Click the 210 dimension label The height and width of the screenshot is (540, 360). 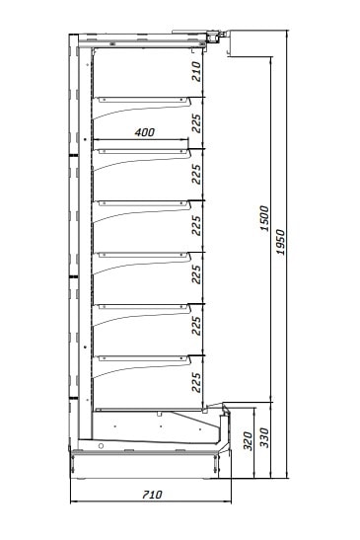coord(196,72)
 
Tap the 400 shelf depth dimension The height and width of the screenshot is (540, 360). coord(145,132)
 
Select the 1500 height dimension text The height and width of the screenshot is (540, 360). coord(264,218)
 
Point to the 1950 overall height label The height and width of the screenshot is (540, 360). coord(281,242)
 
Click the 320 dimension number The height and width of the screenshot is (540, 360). coord(248,440)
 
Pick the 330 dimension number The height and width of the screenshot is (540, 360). coord(264,437)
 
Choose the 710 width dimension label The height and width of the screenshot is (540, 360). coord(152,495)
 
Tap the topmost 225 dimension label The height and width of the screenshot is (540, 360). coord(196,123)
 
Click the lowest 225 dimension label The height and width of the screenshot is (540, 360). coord(196,382)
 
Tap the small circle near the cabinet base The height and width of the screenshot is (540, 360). coord(101,446)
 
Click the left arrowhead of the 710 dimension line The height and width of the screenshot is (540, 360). coord(72,501)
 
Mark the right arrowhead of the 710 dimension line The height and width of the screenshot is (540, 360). coord(229,501)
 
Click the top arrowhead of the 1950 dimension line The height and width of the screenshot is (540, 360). coord(287,33)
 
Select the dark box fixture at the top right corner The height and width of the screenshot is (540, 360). coord(213,38)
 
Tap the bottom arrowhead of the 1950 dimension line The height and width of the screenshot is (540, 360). coord(287,476)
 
